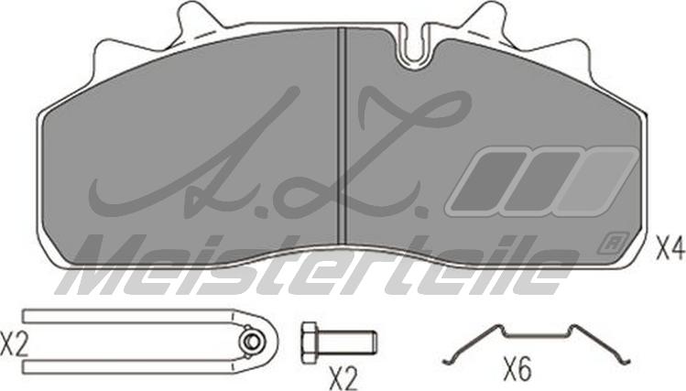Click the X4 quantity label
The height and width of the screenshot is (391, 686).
coord(670,249)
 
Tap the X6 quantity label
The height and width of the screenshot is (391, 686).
coord(517,369)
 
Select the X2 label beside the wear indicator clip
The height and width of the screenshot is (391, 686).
coord(14,344)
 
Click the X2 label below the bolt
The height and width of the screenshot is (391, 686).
coord(343,378)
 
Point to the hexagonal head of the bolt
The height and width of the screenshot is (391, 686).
coord(309,342)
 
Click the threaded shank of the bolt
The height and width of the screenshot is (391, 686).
coord(346,342)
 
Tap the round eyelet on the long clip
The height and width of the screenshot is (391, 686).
coord(251,342)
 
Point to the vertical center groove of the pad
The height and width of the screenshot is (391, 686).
coord(342,136)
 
